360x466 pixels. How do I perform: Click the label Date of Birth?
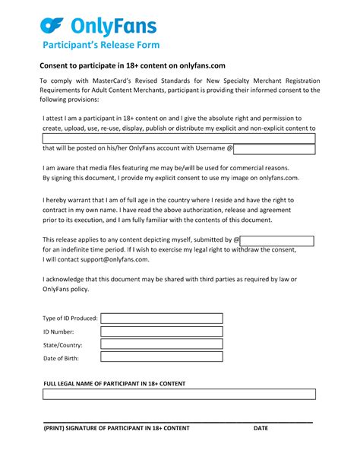(61, 358)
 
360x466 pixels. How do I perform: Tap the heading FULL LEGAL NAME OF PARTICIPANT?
(114, 383)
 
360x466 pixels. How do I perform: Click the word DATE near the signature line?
(261, 429)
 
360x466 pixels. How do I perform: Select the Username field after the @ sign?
(274, 150)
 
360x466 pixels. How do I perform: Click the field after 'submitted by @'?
(278, 239)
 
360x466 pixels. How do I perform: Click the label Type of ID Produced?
(70, 319)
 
